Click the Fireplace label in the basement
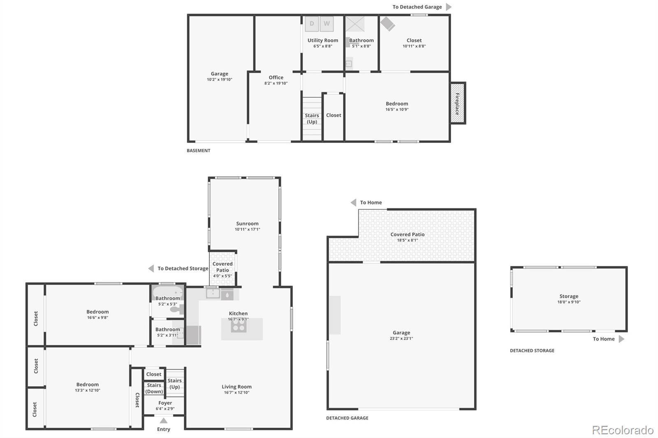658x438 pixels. (457, 104)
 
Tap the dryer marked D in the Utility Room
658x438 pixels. (312, 24)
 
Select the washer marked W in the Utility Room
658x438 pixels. (327, 24)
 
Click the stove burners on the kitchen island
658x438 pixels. (239, 325)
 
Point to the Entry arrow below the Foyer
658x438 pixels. (164, 420)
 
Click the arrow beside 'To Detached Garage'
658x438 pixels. (449, 7)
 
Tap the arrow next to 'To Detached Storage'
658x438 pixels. (151, 268)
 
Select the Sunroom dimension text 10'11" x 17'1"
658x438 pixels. (247, 229)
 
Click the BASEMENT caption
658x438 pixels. (199, 151)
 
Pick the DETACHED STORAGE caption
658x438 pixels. (532, 350)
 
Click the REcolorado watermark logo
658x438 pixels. (623, 430)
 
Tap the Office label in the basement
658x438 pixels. (276, 78)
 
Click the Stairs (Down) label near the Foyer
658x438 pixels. (154, 388)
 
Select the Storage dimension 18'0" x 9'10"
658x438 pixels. (569, 302)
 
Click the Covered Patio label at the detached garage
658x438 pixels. (408, 234)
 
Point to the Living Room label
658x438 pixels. (236, 387)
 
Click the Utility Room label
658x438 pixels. (323, 40)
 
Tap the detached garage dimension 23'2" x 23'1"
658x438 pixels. (401, 338)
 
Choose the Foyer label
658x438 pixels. (165, 403)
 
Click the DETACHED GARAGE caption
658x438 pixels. (347, 418)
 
